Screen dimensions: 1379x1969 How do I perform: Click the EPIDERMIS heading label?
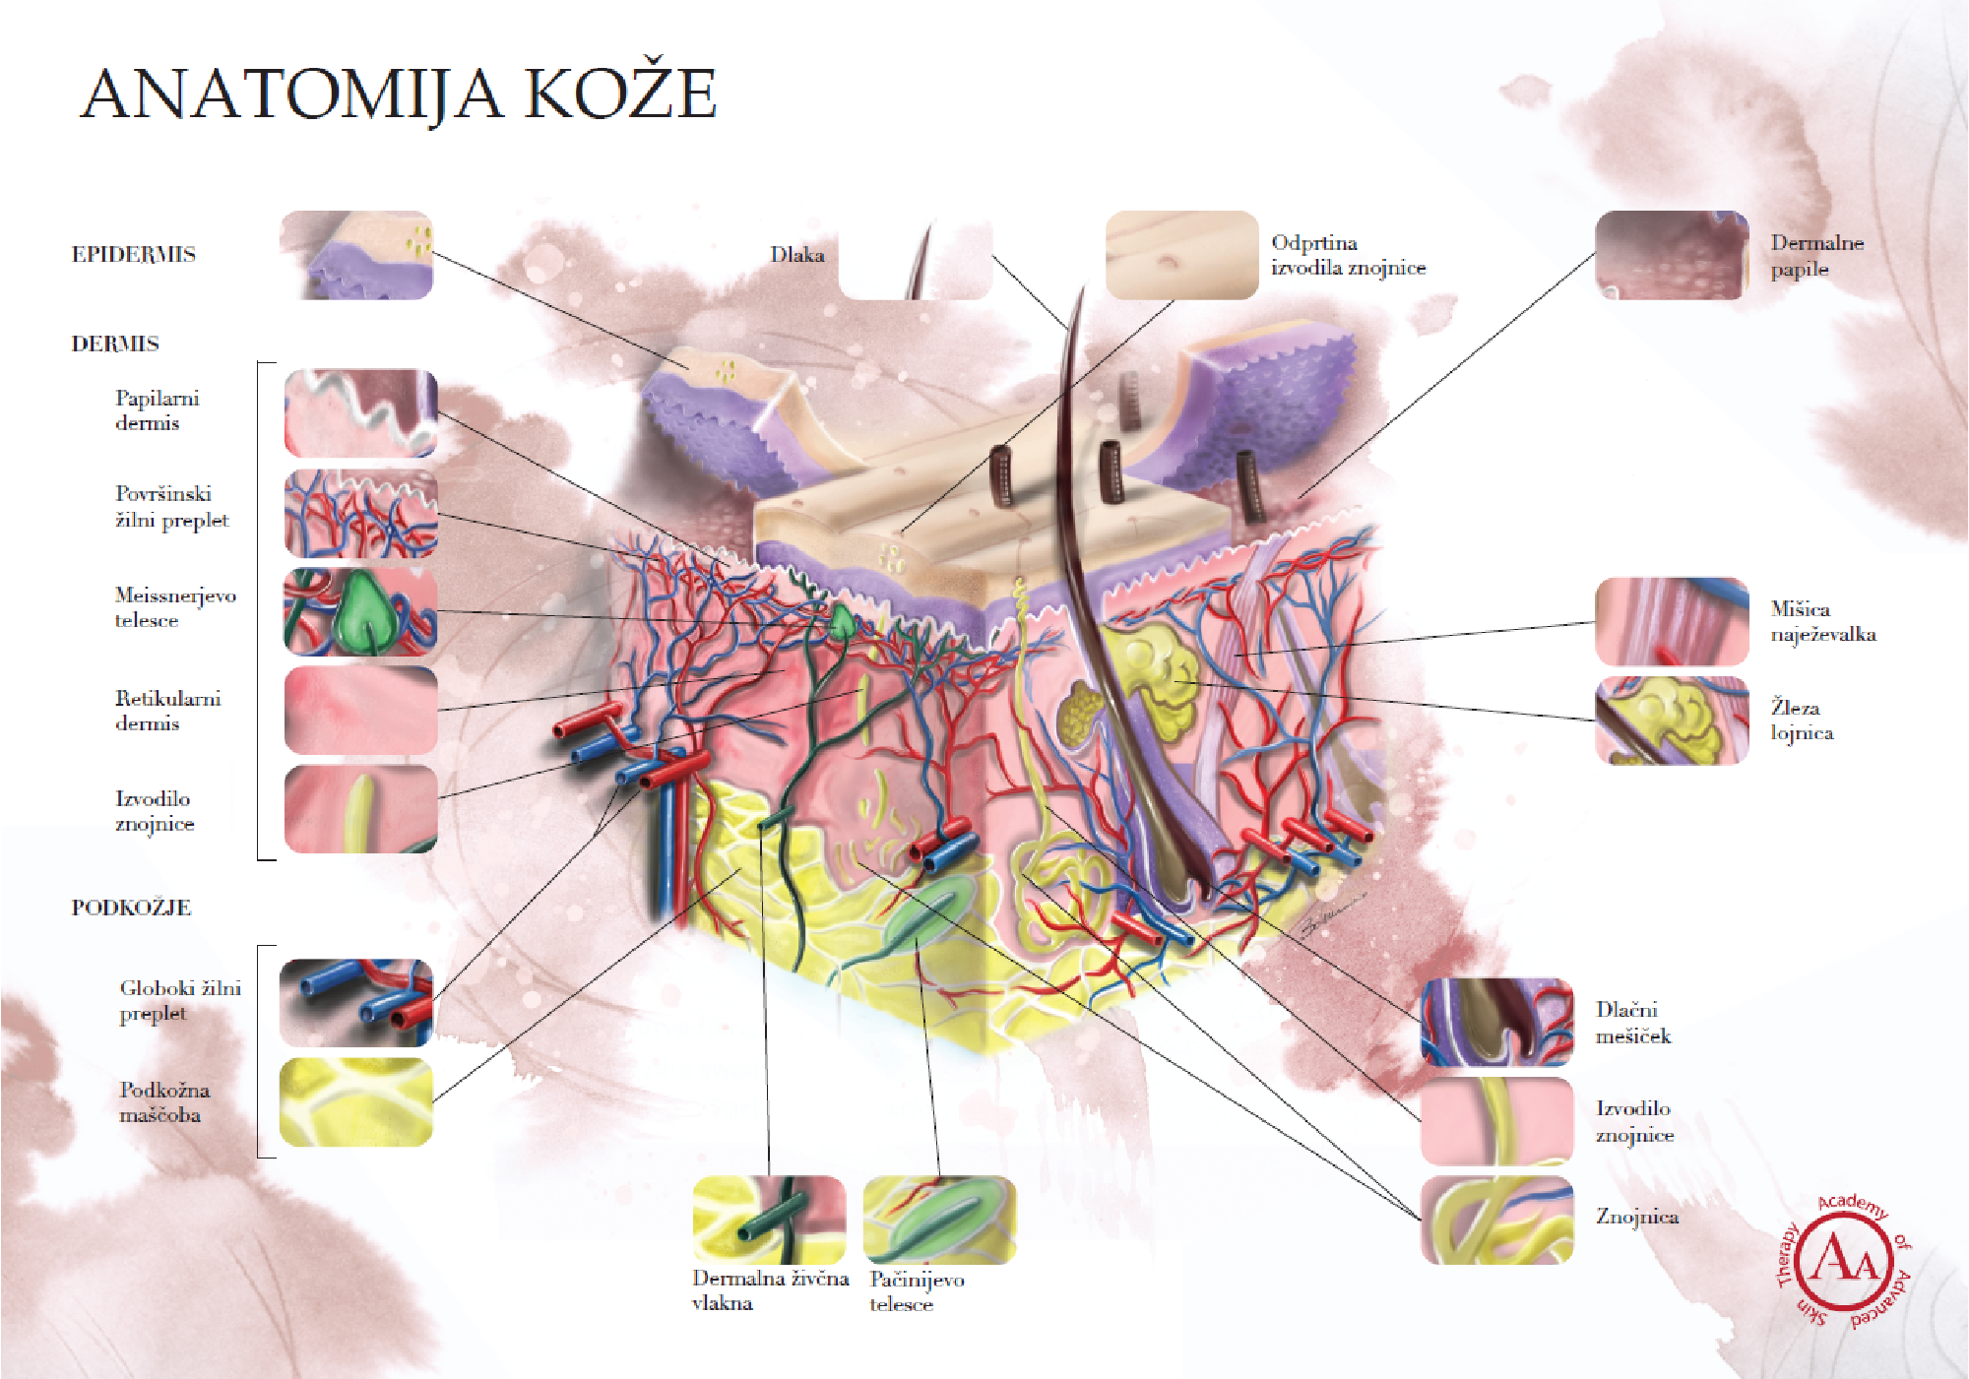coord(133,254)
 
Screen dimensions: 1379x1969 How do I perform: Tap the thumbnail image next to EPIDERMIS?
coord(356,255)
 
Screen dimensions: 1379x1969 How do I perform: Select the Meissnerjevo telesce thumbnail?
coord(360,611)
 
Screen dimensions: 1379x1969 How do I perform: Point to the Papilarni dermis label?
coord(157,410)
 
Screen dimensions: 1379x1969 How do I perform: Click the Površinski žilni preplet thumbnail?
coord(360,513)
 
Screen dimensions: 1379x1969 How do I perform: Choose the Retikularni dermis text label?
coord(167,710)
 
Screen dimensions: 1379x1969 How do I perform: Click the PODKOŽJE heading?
coord(131,908)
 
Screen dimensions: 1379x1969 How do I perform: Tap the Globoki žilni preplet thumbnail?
coord(356,1002)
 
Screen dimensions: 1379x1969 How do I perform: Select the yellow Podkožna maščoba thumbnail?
coord(356,1101)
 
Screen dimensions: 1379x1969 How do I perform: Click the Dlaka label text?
coord(796,255)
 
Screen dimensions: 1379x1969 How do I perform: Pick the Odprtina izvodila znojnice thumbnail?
coord(1181,255)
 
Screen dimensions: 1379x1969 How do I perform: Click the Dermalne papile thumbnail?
coord(1671,255)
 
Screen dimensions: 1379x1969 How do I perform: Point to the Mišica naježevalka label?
coord(1822,621)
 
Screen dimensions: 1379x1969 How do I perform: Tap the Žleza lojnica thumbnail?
coord(1671,720)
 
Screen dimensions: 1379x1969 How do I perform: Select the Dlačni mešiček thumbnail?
coord(1496,1022)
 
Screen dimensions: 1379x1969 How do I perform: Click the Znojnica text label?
coord(1636,1217)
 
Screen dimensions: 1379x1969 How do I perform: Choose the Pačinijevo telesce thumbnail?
coord(939,1220)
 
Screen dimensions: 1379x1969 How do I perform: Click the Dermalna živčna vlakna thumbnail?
coord(769,1220)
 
